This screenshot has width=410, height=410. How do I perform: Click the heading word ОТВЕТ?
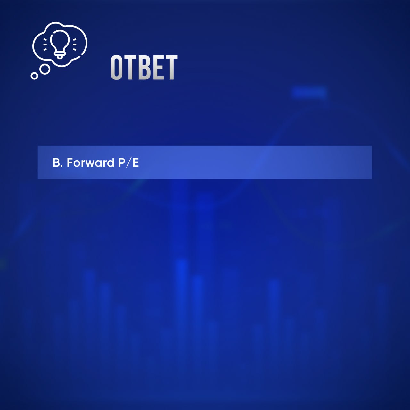[144, 68]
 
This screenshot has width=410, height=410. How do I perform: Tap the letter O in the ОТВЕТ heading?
[117, 68]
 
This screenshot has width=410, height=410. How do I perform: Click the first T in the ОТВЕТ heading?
[130, 68]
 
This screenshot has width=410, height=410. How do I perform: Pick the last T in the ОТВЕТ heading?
[170, 68]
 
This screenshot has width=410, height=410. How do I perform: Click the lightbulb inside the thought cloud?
[60, 44]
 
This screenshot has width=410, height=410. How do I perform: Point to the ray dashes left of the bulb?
[45, 45]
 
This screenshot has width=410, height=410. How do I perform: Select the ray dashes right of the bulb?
[74, 45]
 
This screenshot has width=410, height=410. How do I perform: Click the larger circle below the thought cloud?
[45, 70]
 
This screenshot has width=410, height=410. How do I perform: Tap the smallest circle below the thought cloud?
[34, 76]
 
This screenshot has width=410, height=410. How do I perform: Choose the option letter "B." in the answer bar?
[58, 163]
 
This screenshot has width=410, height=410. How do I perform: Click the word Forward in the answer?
[91, 162]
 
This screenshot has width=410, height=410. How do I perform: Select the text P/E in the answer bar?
[128, 163]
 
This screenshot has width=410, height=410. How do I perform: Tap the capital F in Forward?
[70, 163]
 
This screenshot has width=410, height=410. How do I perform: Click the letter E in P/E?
[136, 163]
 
